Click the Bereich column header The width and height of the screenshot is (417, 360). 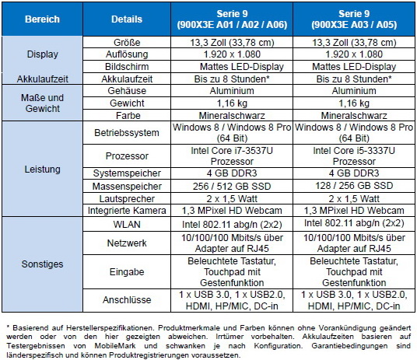click(x=42, y=19)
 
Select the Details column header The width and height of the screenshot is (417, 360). click(x=127, y=19)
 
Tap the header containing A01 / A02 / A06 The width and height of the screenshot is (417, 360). click(x=232, y=19)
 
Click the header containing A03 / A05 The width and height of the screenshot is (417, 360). click(x=354, y=19)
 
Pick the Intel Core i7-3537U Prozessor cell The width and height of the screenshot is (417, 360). click(x=232, y=156)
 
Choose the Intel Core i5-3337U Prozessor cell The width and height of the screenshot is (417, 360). click(x=354, y=156)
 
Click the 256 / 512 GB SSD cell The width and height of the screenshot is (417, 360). click(x=232, y=186)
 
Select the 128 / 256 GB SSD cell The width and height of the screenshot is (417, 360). click(x=354, y=186)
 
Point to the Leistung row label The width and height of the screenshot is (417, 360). click(x=42, y=169)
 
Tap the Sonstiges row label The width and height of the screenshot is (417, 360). click(x=42, y=264)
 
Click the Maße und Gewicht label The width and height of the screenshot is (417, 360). click(x=42, y=103)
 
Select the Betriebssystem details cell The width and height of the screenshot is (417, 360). click(x=127, y=133)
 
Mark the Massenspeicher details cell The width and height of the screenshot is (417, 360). click(x=127, y=186)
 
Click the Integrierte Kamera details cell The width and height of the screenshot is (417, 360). click(x=127, y=210)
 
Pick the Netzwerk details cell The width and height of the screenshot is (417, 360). click(x=127, y=243)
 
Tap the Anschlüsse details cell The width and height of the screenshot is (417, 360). click(x=127, y=300)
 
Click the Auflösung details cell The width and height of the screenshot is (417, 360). click(x=127, y=54)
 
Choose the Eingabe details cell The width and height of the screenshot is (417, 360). click(x=127, y=272)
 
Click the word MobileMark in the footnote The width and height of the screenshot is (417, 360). click(x=115, y=346)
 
